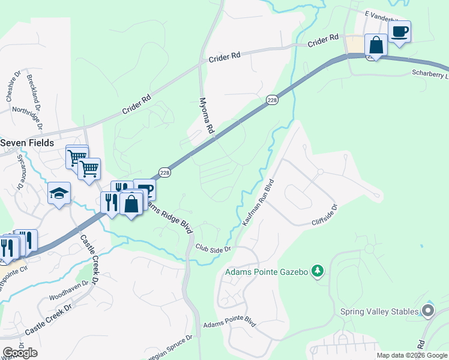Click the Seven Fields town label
pos(27,143)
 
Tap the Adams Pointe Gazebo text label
pos(267,272)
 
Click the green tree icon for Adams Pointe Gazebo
pos(318,272)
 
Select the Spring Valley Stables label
pos(379,311)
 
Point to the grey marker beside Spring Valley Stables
pos(428,310)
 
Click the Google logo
pos(20,353)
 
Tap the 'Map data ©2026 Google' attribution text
pos(412,355)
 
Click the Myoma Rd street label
pos(206,115)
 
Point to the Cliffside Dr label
pos(325,215)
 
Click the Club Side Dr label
pos(213,247)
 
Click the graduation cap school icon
pos(59,193)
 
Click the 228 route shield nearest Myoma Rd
pos(272,101)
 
